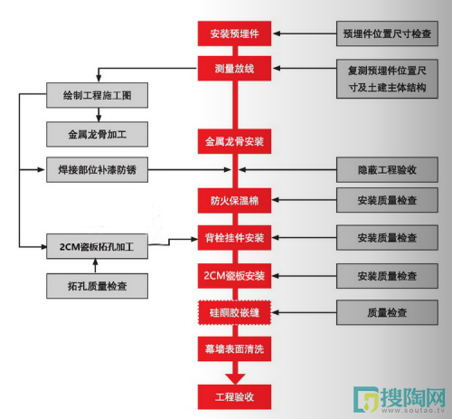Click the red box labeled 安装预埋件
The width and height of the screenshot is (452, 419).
(234, 33)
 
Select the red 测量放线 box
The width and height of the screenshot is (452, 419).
(234, 69)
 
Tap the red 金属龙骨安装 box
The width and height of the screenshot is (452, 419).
(234, 141)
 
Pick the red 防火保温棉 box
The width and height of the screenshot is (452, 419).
(234, 201)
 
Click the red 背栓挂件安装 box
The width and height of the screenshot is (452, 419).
(234, 238)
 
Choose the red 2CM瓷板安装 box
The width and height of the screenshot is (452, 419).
(234, 276)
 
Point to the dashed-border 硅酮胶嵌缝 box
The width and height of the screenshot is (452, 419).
(234, 312)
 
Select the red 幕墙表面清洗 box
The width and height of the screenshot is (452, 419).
(234, 349)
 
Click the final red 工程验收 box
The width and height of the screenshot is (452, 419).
(234, 396)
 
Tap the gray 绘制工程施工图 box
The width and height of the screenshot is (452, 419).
(97, 95)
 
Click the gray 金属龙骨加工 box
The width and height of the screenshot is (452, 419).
(97, 134)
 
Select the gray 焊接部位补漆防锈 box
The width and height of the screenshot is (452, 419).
(97, 169)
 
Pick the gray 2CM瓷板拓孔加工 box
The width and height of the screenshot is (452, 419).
(97, 246)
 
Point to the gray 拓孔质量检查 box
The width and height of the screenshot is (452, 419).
(97, 286)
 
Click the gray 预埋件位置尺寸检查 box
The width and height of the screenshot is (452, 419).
(387, 33)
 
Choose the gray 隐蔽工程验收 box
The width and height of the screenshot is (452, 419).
(387, 169)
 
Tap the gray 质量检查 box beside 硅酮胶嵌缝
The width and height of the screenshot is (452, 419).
(387, 312)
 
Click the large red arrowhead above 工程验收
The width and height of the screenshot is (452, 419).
(235, 378)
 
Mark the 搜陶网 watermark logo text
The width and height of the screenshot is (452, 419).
(413, 397)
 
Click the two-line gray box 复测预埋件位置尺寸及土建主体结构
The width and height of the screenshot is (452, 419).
(387, 79)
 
